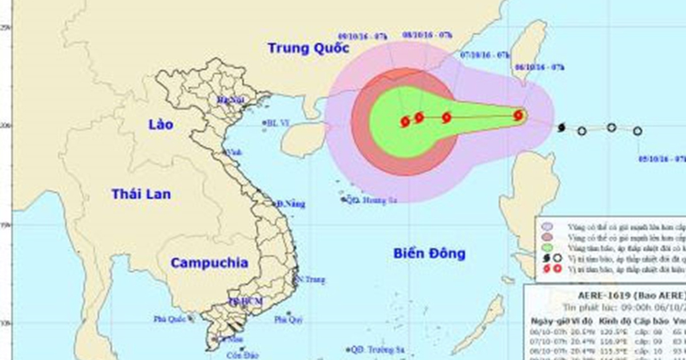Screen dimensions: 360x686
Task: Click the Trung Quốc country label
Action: pos(309,49)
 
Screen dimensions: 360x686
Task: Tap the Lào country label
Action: pos(159,124)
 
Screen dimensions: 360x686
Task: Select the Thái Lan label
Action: pos(141,194)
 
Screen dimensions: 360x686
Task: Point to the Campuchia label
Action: pos(209,263)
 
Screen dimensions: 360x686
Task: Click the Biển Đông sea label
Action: pos(429,254)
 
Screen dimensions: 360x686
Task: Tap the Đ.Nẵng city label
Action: pos(290,204)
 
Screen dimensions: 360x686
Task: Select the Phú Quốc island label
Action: pos(170,319)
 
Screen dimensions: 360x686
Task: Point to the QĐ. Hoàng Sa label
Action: pos(372,200)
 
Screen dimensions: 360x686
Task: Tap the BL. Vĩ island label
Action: pos(278,123)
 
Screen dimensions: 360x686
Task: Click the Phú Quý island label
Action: pos(288,319)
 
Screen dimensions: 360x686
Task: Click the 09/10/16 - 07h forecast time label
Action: pos(363,36)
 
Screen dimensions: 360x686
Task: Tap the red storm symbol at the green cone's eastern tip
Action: pos(519,115)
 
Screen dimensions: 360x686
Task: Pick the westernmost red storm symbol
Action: pos(405,121)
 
